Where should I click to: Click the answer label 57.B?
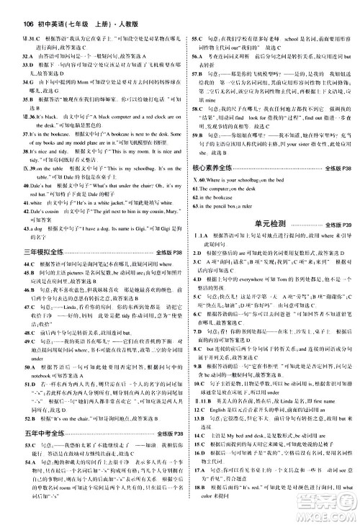197,94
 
